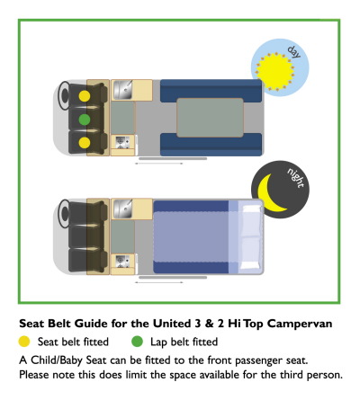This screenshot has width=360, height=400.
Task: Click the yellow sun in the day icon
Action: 274,71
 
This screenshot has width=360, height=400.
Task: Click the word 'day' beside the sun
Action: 293,52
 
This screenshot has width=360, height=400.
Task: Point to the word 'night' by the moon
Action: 295,178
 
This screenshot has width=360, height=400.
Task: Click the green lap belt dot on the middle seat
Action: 85,120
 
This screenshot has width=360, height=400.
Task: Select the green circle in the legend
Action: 137,342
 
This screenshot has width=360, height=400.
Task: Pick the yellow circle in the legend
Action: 24,342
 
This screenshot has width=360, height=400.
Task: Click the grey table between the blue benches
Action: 210,118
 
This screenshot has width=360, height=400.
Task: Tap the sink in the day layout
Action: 122,90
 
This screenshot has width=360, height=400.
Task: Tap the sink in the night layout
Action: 122,209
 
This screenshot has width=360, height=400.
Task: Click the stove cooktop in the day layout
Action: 122,142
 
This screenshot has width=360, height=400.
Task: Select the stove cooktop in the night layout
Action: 122,261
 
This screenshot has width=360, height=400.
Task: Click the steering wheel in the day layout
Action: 64,95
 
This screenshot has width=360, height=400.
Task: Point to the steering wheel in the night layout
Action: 64,214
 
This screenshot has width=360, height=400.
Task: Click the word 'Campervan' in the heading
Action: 300,324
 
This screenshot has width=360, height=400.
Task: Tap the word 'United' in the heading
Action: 172,324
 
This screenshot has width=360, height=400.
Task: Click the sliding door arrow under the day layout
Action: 158,164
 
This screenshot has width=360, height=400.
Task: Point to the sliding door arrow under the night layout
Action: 158,282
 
